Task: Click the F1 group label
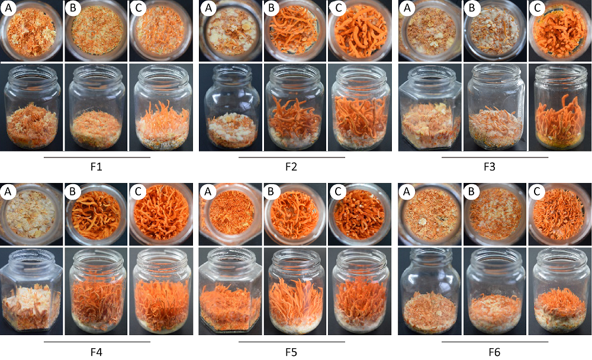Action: [x=96, y=166]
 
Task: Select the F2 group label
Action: [x=291, y=166]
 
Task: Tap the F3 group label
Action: [x=490, y=166]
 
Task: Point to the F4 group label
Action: [x=96, y=352]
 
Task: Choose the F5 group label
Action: [x=291, y=352]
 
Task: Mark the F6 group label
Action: [x=494, y=352]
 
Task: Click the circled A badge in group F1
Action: [x=8, y=8]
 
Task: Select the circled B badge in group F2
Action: [x=272, y=8]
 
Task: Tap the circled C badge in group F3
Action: [x=538, y=8]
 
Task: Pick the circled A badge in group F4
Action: [x=8, y=192]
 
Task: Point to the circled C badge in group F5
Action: [x=337, y=192]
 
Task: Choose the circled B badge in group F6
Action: [x=471, y=192]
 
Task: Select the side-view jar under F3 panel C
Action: [x=560, y=107]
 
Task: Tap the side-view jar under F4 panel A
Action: [x=31, y=291]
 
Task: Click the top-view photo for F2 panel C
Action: [x=359, y=31]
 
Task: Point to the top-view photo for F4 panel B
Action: [x=96, y=214]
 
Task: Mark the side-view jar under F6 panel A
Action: [x=430, y=291]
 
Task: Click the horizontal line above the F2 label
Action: [x=292, y=157]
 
